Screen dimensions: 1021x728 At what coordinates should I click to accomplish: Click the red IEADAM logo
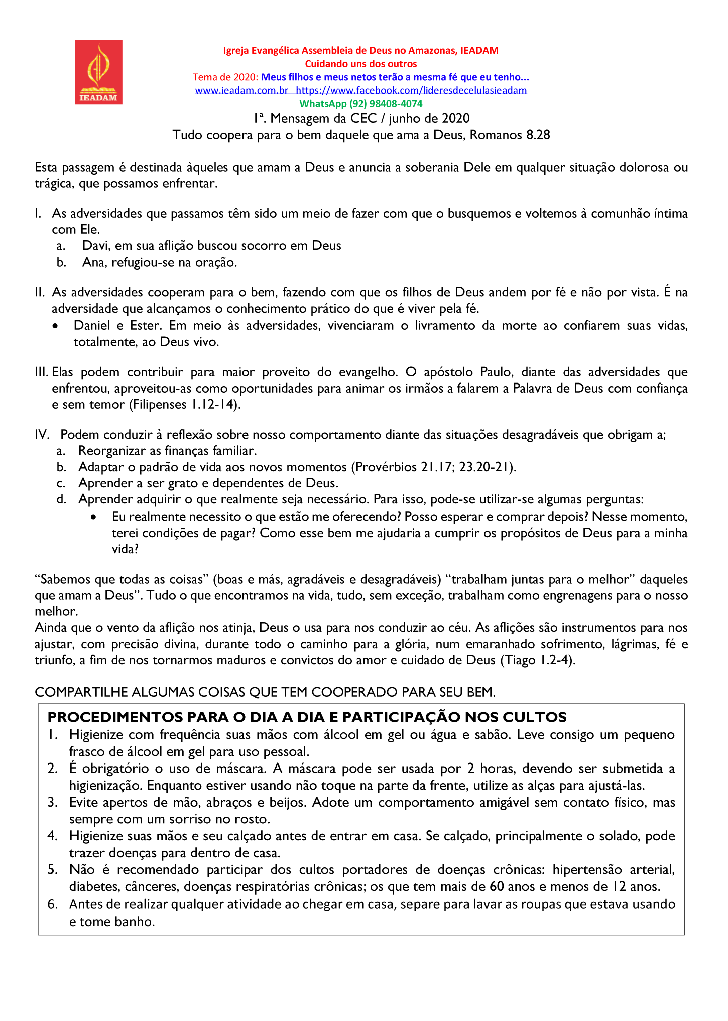click(98, 72)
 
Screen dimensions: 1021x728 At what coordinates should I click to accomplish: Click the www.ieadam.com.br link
click(241, 90)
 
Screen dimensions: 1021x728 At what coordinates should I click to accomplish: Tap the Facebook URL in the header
click(411, 90)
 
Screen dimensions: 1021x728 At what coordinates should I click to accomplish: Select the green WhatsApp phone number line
click(361, 104)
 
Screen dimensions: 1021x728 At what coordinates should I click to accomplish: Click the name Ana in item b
click(93, 262)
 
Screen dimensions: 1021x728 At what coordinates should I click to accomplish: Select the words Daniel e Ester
click(117, 326)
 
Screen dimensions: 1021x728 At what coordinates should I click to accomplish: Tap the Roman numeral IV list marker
click(42, 435)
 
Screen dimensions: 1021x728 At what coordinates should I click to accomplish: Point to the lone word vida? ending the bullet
click(125, 549)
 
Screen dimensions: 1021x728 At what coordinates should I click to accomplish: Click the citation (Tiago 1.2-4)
click(537, 660)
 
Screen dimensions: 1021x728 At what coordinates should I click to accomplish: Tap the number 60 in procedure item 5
click(497, 887)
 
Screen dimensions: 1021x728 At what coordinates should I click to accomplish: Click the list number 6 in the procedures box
click(53, 904)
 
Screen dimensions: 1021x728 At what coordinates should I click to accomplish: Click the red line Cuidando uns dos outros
click(361, 64)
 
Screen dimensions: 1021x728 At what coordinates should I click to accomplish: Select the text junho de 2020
click(429, 118)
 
